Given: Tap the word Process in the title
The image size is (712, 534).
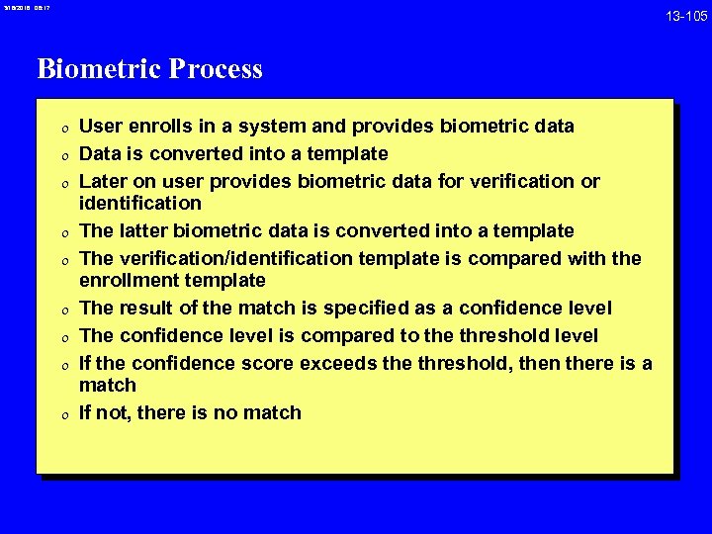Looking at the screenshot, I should pyautogui.click(x=216, y=69).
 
